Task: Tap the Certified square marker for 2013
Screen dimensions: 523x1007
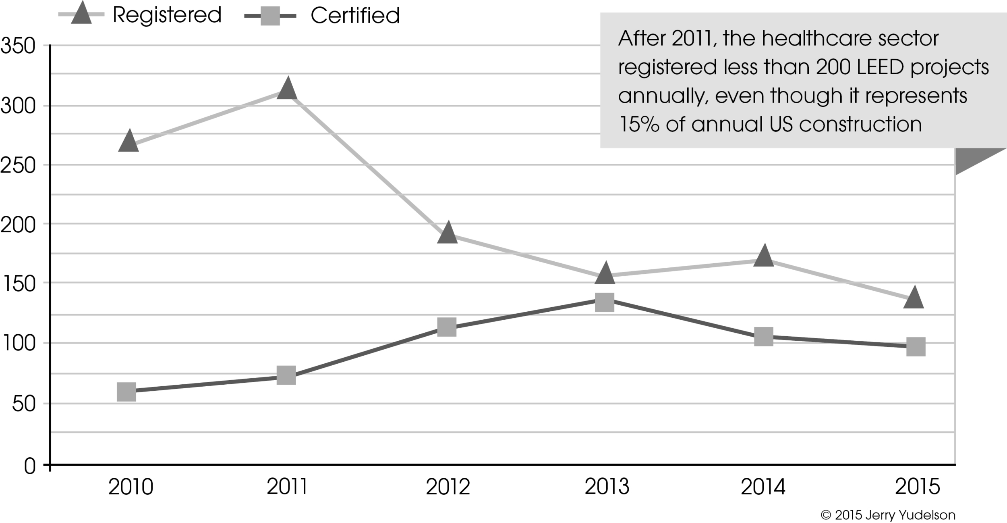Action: click(605, 303)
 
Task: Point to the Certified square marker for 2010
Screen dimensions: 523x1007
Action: click(126, 392)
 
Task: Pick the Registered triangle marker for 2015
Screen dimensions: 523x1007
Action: click(913, 299)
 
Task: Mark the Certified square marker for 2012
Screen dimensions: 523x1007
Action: click(447, 327)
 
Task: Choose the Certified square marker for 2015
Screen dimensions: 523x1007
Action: click(916, 347)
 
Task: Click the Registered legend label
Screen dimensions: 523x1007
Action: click(167, 15)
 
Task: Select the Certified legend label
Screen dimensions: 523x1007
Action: click(355, 16)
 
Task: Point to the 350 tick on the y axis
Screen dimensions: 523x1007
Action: click(18, 46)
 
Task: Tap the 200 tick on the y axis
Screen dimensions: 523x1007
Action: click(18, 225)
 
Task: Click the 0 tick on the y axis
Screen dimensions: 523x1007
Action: click(30, 467)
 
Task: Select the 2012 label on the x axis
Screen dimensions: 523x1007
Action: click(448, 487)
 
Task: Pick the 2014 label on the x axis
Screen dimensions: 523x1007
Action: click(763, 487)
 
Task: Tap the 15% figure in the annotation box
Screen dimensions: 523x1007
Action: click(639, 125)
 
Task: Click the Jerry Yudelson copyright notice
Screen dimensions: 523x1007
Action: click(888, 515)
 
